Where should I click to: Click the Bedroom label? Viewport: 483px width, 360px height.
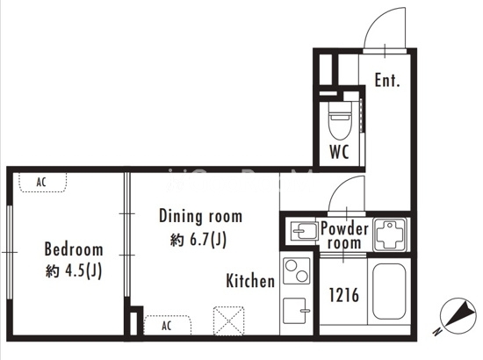point(74,249)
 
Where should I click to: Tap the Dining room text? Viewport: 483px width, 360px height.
point(200,216)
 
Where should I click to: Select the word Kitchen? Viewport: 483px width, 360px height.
point(250,281)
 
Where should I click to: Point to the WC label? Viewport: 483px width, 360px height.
point(339,152)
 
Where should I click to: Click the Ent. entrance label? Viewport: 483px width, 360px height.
point(387,80)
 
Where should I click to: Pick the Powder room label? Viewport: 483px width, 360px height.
point(344,235)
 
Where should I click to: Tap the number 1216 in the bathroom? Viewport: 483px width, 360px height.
point(344,294)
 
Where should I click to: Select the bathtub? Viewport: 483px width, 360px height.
point(389,292)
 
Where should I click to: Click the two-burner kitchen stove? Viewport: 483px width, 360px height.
point(296,271)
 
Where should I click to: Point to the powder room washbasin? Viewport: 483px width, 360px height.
point(304,231)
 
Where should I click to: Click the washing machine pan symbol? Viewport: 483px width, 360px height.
point(390,234)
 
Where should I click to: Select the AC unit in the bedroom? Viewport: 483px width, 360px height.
point(42,183)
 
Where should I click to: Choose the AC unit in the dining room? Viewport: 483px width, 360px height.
point(167,325)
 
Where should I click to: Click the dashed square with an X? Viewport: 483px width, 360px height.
point(229,320)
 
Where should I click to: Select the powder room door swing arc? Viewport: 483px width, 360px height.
point(341,185)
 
